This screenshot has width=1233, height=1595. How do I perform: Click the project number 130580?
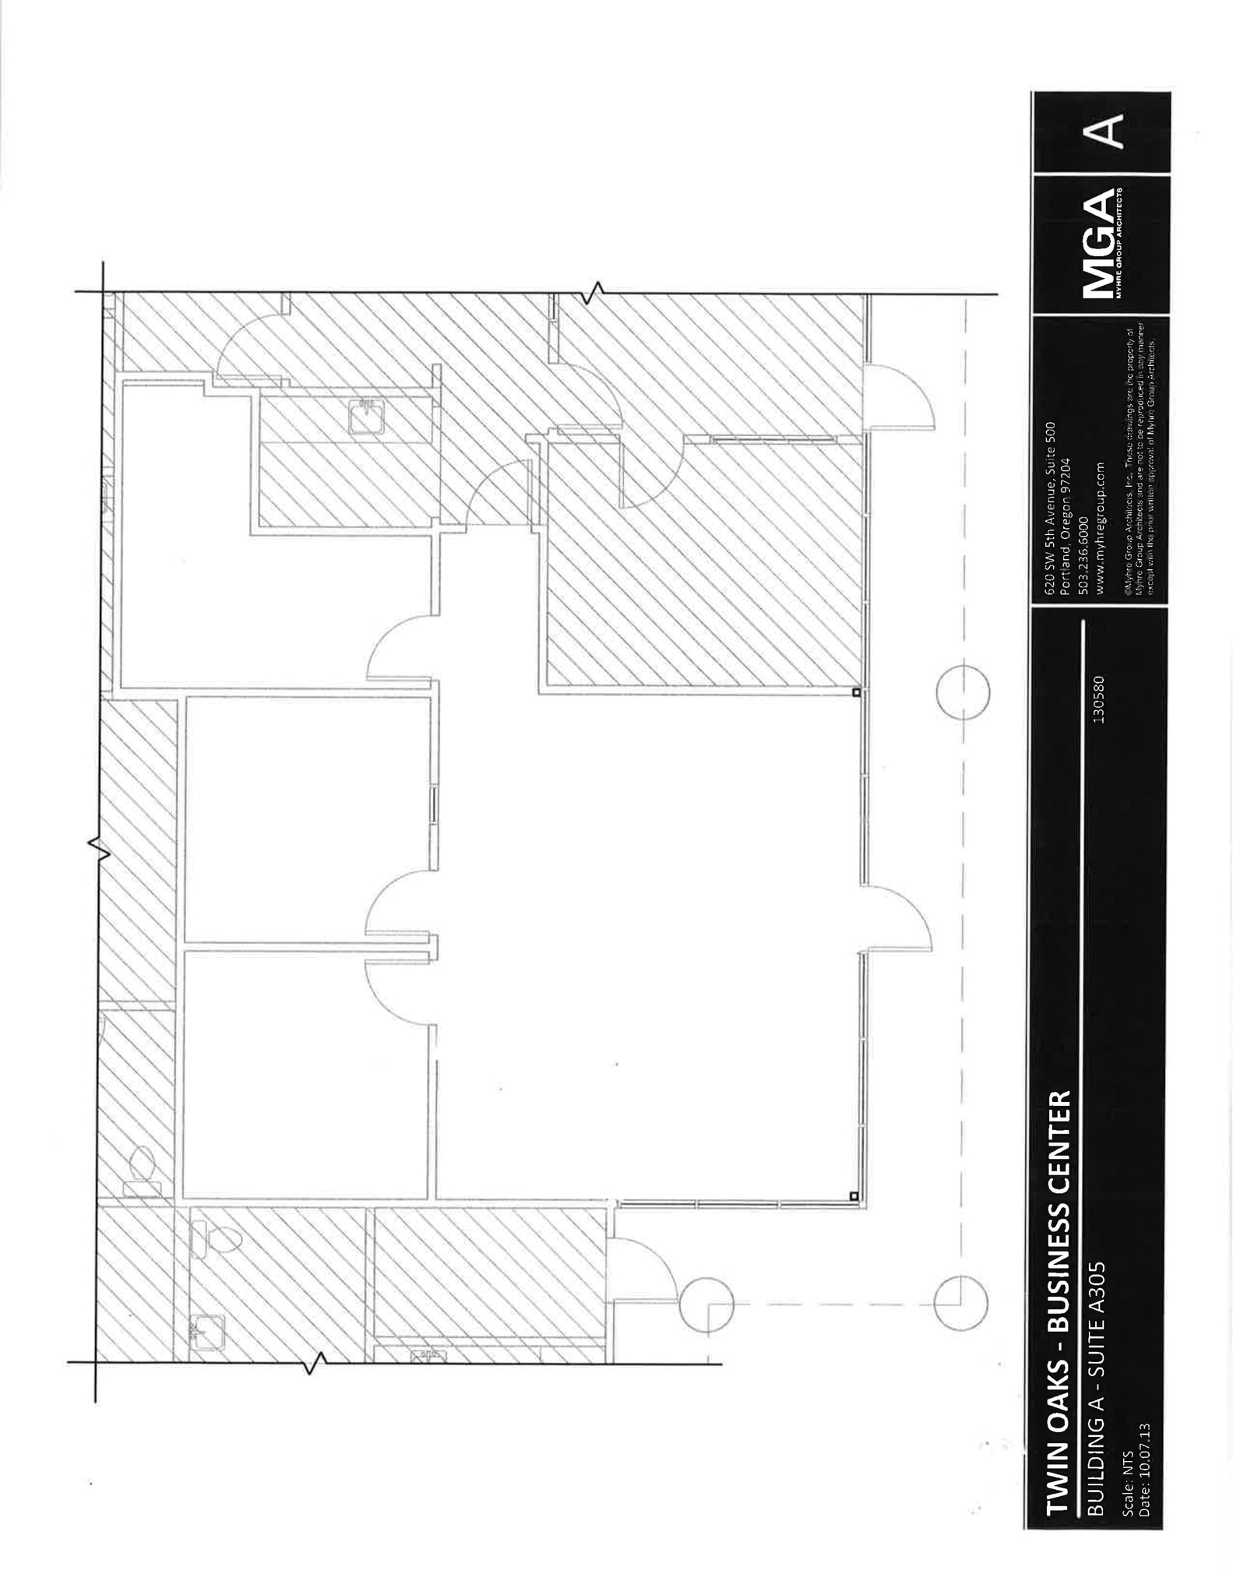1099,699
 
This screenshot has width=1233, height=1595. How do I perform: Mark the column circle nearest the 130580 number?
963,692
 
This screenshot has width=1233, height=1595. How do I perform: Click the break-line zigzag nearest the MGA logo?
597,293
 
